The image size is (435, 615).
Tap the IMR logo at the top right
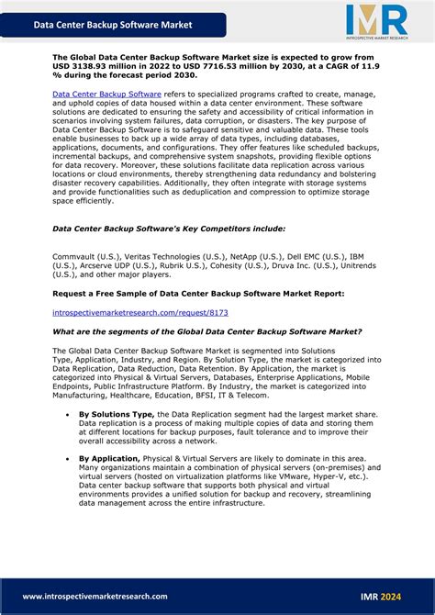coord(375,21)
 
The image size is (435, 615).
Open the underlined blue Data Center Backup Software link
coord(106,94)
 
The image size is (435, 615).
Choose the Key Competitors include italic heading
coord(169,229)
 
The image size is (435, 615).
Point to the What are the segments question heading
coord(206,331)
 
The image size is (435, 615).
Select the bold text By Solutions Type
coord(117,414)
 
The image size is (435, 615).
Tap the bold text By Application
coord(109,457)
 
